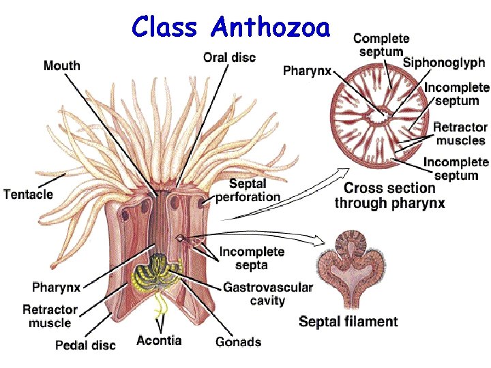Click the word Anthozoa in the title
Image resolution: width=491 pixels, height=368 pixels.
271,27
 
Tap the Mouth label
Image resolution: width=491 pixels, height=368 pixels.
61,66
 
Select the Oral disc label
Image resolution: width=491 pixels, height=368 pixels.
229,58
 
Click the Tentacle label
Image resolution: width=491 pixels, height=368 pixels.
28,194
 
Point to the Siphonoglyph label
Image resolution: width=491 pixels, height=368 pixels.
444,63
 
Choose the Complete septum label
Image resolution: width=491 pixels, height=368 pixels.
381,45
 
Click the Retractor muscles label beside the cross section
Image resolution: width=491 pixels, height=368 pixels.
460,134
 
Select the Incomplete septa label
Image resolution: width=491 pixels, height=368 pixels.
251,259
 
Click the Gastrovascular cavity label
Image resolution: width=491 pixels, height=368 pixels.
267,294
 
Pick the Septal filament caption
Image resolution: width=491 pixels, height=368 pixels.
348,322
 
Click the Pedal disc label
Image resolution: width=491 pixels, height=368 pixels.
85,345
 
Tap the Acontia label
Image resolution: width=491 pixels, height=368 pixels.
159,340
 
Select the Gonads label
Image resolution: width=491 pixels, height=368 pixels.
238,341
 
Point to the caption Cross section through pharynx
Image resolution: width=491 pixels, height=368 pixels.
389,195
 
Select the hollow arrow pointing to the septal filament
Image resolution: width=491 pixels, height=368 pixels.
273,239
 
